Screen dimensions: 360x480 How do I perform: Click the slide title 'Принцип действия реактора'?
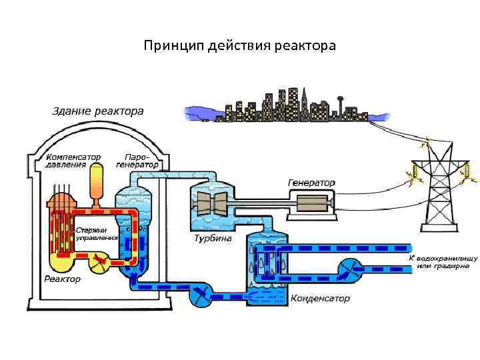tap(240, 46)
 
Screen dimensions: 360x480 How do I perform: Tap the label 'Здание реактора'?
tap(93, 111)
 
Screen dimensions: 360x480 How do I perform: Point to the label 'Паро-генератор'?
tap(137, 160)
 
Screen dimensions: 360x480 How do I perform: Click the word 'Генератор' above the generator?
tap(311, 182)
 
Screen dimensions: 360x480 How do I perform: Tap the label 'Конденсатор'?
tap(320, 299)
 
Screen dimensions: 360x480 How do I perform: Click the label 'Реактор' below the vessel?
tap(62, 279)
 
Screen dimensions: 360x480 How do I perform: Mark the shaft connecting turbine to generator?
tap(260, 200)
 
